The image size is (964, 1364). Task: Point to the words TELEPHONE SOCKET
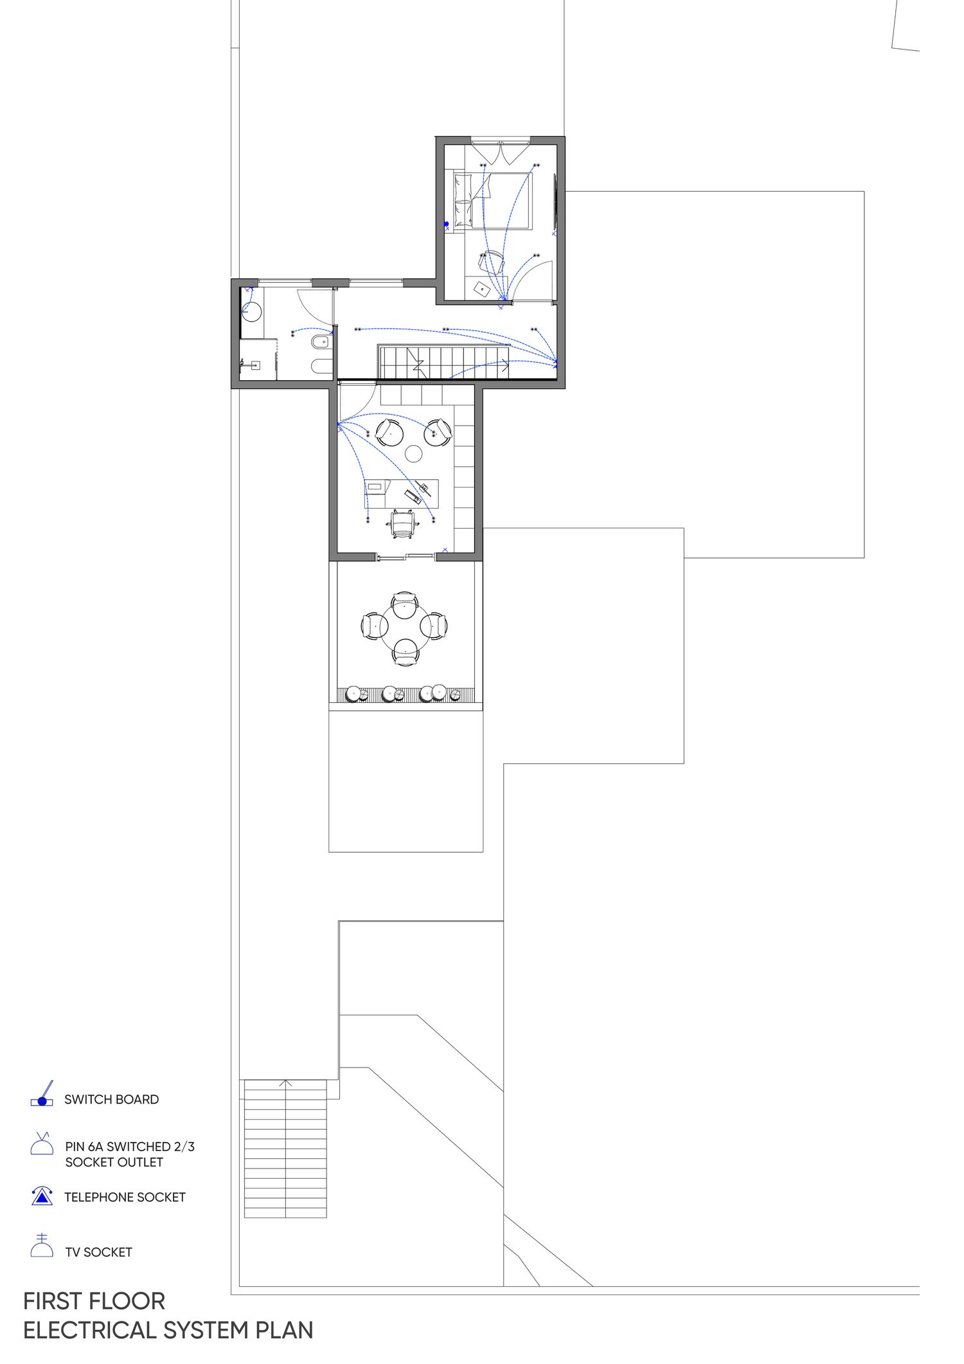[x=125, y=1197]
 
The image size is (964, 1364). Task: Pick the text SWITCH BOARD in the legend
[x=111, y=1100]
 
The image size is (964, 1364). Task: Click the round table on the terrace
[x=405, y=625]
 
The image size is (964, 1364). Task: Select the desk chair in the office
[x=402, y=523]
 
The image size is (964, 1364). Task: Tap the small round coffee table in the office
[x=414, y=453]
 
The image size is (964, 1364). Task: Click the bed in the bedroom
[x=493, y=200]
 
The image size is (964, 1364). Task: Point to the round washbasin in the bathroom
[x=252, y=311]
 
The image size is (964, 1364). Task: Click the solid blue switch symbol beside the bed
[x=446, y=224]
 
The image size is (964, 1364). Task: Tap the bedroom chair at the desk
[x=491, y=262]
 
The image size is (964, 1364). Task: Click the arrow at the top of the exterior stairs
[x=286, y=1084]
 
